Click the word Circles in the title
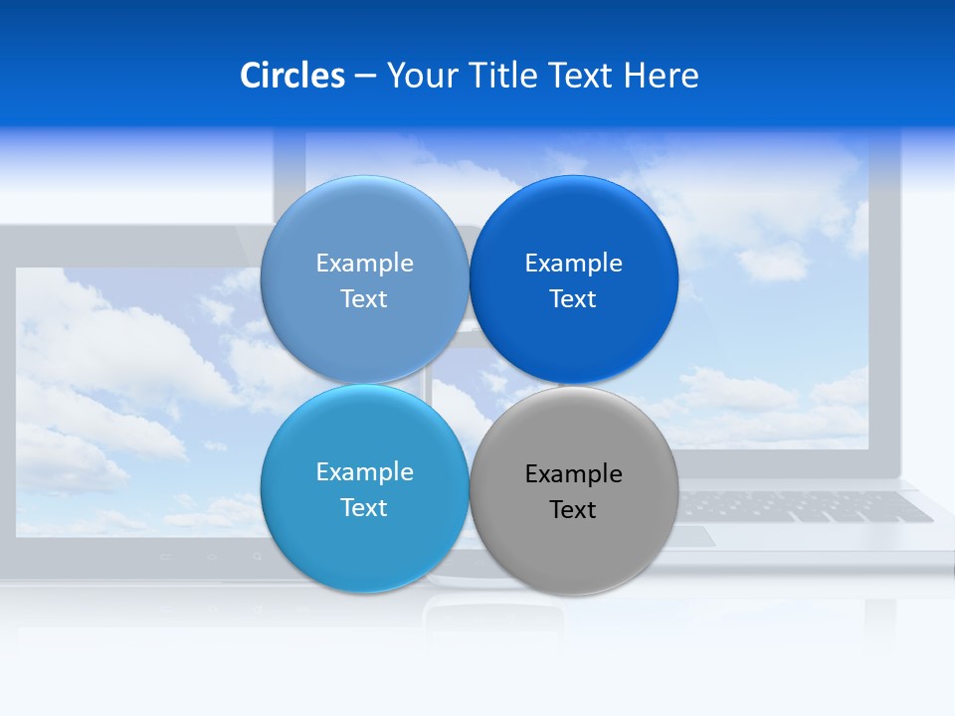(x=292, y=76)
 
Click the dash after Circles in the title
(x=365, y=77)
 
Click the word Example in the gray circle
(x=573, y=474)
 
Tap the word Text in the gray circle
(x=573, y=510)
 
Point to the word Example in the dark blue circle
(x=573, y=264)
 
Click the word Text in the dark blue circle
(x=573, y=299)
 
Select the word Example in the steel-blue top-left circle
(x=364, y=264)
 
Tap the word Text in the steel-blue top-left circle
(x=364, y=299)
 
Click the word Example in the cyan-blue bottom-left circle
(x=364, y=472)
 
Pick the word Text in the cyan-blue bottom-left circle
(x=364, y=508)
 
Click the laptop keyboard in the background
(x=806, y=506)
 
